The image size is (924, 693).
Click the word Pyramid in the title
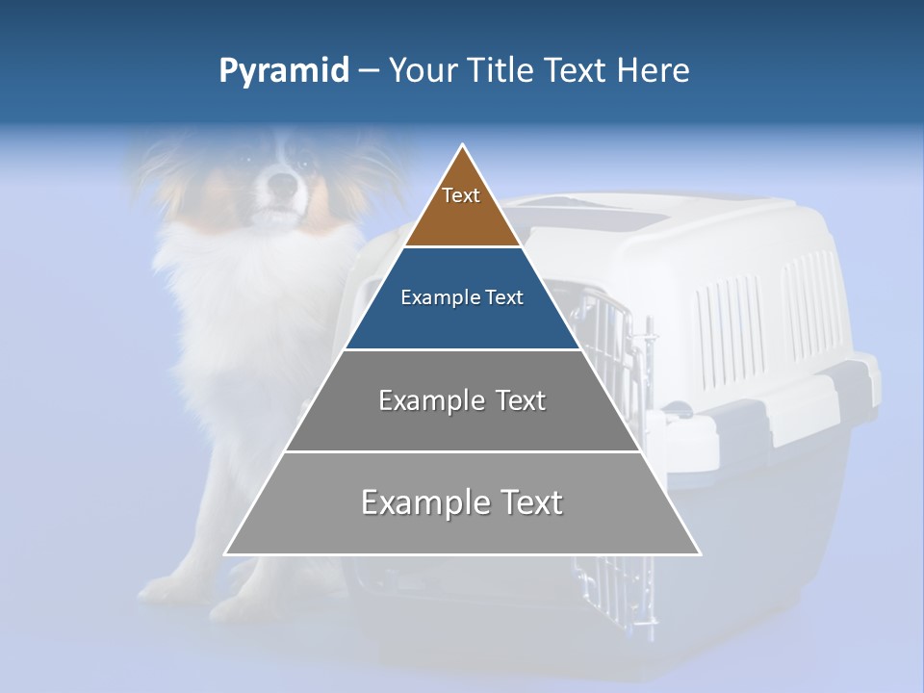tap(283, 71)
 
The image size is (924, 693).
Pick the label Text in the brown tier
tap(461, 195)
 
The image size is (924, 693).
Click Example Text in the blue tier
tap(462, 297)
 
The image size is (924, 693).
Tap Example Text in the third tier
tap(462, 400)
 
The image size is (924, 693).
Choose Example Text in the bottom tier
tap(462, 502)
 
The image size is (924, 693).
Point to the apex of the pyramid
tap(463, 146)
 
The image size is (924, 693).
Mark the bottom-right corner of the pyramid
tap(699, 553)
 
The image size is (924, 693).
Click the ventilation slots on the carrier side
tap(731, 318)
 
